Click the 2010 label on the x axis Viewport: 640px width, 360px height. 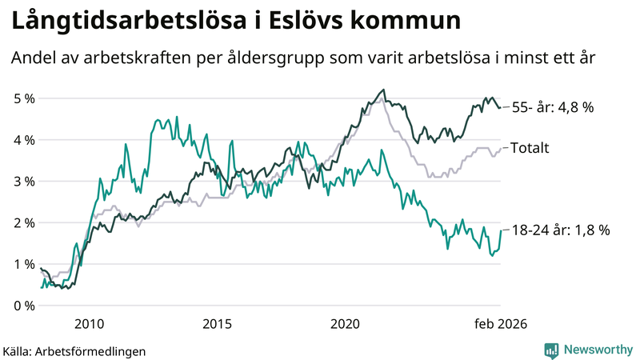point(89,324)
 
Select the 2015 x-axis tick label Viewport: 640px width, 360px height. point(217,324)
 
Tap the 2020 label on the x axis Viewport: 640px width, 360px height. point(345,324)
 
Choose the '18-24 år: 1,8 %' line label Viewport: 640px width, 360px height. point(560,230)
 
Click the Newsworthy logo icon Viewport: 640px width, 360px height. point(551,349)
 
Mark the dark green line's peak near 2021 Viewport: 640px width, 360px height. point(384,90)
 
